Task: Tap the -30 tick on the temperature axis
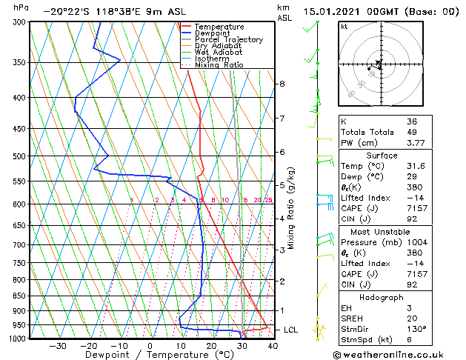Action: pyautogui.click(x=57, y=346)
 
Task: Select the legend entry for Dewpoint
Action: pyautogui.click(x=212, y=33)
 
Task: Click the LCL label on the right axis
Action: pyautogui.click(x=290, y=330)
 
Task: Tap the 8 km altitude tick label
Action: pyautogui.click(x=282, y=84)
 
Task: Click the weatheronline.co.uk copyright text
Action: pyautogui.click(x=398, y=354)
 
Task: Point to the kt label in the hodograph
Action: pyautogui.click(x=344, y=27)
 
